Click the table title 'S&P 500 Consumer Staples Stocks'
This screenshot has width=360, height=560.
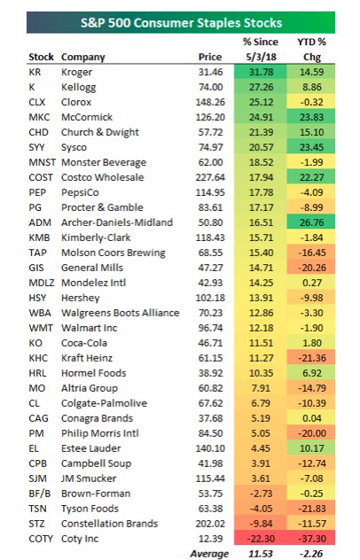(181, 23)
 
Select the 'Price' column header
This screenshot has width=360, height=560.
(210, 57)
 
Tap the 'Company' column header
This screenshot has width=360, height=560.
(83, 57)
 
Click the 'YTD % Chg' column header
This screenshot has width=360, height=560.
(312, 50)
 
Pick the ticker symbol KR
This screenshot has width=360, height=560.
(35, 72)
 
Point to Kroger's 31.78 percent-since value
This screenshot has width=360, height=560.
(261, 72)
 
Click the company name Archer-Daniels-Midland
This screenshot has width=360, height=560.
(117, 222)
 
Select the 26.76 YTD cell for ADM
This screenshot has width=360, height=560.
(312, 222)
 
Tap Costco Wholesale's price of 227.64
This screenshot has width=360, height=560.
(210, 177)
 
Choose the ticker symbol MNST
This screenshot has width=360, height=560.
(43, 162)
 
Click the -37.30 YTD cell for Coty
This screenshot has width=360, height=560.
(312, 539)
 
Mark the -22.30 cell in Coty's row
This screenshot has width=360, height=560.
(261, 539)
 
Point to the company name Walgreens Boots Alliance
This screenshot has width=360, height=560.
(120, 313)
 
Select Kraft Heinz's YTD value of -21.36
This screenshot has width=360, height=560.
(312, 358)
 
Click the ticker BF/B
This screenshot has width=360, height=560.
(40, 494)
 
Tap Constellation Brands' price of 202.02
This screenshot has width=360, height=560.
(210, 524)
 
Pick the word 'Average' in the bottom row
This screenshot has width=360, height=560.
(209, 554)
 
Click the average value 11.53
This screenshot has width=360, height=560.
(261, 554)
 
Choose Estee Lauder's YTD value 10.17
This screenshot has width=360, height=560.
(312, 448)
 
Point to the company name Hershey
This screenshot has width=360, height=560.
(81, 298)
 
